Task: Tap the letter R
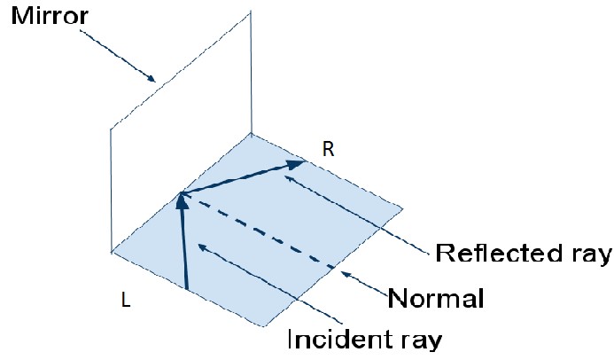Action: [328, 149]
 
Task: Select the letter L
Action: [126, 302]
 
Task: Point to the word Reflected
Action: [501, 254]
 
